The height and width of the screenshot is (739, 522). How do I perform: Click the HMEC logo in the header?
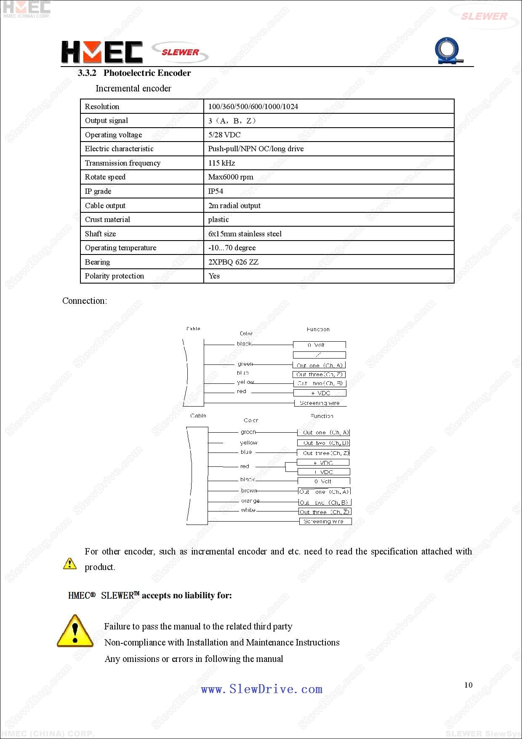[101, 52]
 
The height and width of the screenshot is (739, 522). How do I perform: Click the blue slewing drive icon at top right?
[448, 51]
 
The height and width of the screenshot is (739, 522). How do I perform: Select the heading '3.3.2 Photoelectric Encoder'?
[134, 73]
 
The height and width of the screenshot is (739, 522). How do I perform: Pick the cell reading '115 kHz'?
[221, 163]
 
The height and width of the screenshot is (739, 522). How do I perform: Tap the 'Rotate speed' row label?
[105, 177]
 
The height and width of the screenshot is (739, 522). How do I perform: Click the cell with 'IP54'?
[216, 191]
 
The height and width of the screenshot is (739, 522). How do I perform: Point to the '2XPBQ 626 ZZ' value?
[233, 262]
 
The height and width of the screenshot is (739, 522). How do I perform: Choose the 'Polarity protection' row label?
[114, 276]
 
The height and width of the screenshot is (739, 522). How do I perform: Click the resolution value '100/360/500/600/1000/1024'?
[253, 107]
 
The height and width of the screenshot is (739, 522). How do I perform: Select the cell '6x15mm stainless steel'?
[245, 234]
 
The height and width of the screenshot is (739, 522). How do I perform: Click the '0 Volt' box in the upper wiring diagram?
[319, 345]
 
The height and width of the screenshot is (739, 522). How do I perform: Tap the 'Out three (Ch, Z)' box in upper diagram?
[319, 374]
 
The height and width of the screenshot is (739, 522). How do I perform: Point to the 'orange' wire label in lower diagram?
[250, 501]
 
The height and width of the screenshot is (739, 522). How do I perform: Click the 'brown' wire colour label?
[249, 490]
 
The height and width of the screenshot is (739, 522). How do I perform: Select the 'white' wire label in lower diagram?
[248, 510]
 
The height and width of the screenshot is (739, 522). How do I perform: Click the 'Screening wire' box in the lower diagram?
[325, 521]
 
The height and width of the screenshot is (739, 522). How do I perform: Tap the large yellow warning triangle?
[75, 631]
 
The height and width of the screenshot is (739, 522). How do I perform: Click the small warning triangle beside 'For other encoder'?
[70, 563]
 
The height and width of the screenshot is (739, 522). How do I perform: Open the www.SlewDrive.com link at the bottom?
[261, 689]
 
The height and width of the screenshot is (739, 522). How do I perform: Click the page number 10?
[468, 685]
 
